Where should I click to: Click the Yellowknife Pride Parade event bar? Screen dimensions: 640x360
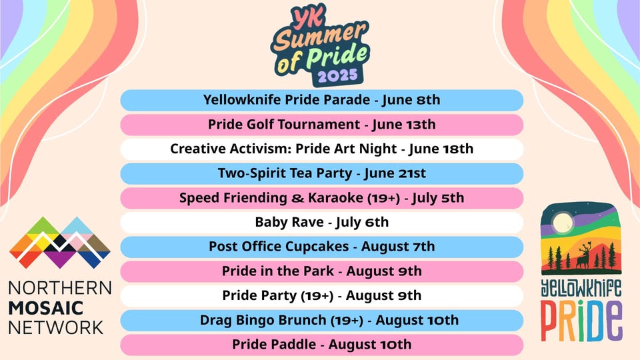(x=321, y=100)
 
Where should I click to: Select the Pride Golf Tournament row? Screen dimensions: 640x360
(x=321, y=125)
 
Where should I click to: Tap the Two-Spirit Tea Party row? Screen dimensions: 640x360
(x=321, y=173)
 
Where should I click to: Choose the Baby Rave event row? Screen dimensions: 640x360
(x=321, y=223)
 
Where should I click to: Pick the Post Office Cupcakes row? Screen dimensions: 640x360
(x=321, y=247)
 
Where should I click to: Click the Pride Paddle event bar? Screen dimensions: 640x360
(x=321, y=345)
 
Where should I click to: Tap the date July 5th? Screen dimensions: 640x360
(x=438, y=198)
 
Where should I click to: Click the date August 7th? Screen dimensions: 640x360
(x=398, y=247)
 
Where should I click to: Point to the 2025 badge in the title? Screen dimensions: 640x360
(x=337, y=76)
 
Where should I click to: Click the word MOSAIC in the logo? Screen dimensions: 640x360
(x=46, y=308)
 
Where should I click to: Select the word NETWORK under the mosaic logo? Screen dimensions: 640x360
(x=56, y=328)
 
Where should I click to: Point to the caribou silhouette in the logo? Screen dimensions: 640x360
(x=584, y=256)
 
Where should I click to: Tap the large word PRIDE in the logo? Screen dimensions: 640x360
(x=581, y=321)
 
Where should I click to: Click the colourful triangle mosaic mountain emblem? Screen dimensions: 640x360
(x=60, y=243)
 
